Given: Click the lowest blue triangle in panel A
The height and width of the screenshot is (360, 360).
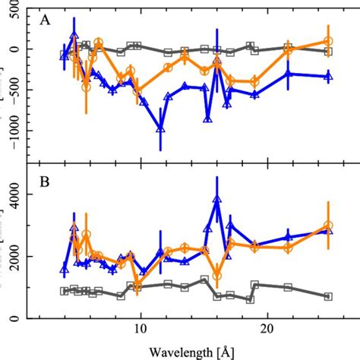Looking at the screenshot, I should (x=160, y=128).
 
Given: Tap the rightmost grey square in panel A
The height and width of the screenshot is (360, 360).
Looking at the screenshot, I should (x=327, y=51).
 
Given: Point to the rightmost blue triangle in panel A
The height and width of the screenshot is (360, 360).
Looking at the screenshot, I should (x=327, y=75).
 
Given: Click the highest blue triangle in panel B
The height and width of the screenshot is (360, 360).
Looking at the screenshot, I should (x=217, y=199).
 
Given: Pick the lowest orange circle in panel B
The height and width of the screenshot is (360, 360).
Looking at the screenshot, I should (x=217, y=276).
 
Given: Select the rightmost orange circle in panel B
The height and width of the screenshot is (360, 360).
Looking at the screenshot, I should (x=327, y=226).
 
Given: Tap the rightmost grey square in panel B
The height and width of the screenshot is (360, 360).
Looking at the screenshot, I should (x=327, y=296).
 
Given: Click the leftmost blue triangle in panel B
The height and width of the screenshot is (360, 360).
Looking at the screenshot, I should (x=65, y=268).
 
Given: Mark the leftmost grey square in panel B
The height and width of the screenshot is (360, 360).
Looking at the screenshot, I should (x=65, y=291).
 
